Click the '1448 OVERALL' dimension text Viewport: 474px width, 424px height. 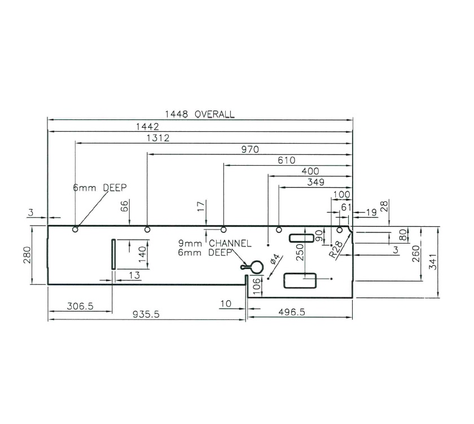[x=199, y=114]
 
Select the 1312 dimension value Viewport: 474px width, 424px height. [x=159, y=137]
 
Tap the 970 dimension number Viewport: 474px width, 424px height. [x=249, y=149]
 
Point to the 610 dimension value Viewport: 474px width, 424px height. [x=287, y=160]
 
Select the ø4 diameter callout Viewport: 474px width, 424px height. [x=275, y=261]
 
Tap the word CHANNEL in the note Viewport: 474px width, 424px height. [x=230, y=243]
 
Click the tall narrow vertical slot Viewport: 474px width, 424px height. [x=113, y=254]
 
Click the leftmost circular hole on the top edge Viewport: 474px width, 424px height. [x=75, y=230]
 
